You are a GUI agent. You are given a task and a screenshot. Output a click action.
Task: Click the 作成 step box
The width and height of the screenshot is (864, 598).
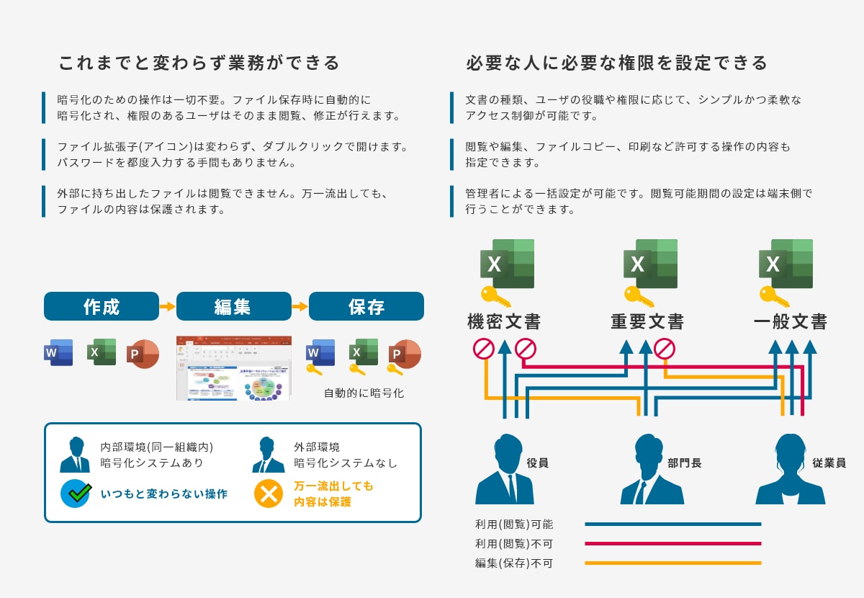coord(102,306)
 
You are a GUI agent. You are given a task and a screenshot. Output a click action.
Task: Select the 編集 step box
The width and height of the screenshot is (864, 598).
coord(233,306)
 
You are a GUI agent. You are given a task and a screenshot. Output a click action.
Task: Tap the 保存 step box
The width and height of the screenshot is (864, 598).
coord(366,306)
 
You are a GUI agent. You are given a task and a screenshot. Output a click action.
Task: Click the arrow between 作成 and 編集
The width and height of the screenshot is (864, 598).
coord(167,307)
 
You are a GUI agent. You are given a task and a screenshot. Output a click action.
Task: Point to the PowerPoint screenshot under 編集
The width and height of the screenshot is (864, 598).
coord(234,367)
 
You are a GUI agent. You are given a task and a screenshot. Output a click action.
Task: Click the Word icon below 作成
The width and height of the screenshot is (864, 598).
coord(58,352)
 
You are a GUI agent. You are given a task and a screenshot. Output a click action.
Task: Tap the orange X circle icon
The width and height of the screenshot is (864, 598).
coord(269,494)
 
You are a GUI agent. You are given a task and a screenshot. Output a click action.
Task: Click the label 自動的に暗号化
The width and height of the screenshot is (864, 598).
coord(364,393)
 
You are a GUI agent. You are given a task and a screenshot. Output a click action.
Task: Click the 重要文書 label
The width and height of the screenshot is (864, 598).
coord(647,321)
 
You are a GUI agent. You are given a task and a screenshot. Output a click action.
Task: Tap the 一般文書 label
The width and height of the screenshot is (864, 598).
coord(790,321)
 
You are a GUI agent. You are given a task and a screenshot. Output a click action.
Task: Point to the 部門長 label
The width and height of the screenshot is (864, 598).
coord(684,463)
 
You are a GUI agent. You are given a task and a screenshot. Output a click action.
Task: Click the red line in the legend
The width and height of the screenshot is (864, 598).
coord(672,543)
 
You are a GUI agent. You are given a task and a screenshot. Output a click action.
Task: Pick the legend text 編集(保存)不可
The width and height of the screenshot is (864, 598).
coord(514,563)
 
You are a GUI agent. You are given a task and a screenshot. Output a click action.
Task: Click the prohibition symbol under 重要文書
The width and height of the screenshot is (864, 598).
coord(664,349)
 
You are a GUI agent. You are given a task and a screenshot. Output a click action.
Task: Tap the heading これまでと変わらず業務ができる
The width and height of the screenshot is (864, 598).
coord(199,63)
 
